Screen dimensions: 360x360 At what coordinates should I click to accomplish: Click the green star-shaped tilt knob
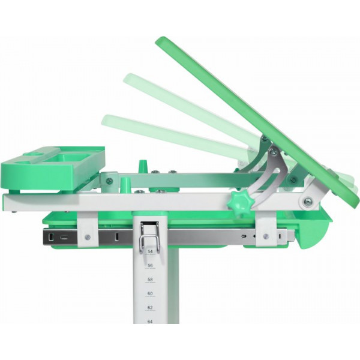tap(241, 200)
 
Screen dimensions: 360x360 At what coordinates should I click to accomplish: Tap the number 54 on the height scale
tap(150, 251)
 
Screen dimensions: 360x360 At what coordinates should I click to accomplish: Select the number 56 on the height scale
tap(150, 266)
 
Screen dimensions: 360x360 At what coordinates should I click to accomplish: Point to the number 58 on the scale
tap(150, 280)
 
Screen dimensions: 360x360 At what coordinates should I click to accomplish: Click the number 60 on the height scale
tap(150, 293)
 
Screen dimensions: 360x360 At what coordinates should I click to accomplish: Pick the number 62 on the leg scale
tap(150, 307)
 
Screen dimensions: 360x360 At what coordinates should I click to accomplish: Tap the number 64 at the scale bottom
tap(150, 322)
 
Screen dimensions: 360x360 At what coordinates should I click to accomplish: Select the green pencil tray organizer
tap(52, 169)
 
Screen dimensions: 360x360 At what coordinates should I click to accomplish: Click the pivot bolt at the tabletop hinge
tap(307, 202)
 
